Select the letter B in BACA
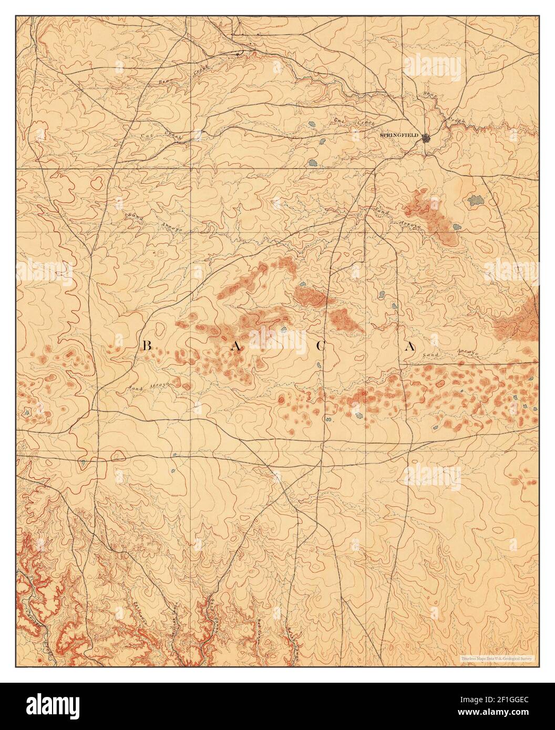147,346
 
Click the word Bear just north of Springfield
430,96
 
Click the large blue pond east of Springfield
476,200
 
